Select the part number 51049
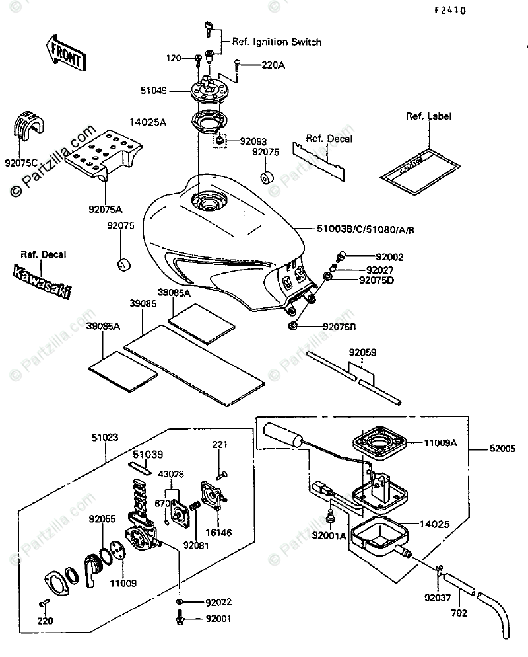click(153, 93)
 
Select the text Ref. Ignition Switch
click(277, 42)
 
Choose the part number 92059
click(363, 352)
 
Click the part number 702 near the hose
click(459, 613)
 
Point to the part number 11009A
click(441, 444)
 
